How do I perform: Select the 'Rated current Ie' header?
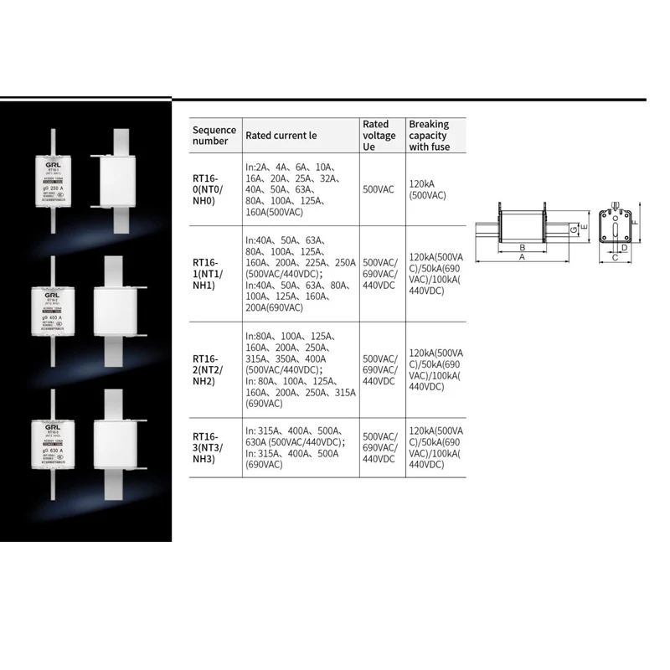(281, 135)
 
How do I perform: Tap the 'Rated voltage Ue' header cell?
(379, 135)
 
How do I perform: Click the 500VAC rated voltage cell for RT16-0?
(379, 189)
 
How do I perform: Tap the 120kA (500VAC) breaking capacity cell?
(427, 189)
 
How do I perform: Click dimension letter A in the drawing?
(522, 258)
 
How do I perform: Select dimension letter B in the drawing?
(522, 248)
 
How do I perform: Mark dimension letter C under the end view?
(615, 258)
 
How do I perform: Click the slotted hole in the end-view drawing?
(616, 229)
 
